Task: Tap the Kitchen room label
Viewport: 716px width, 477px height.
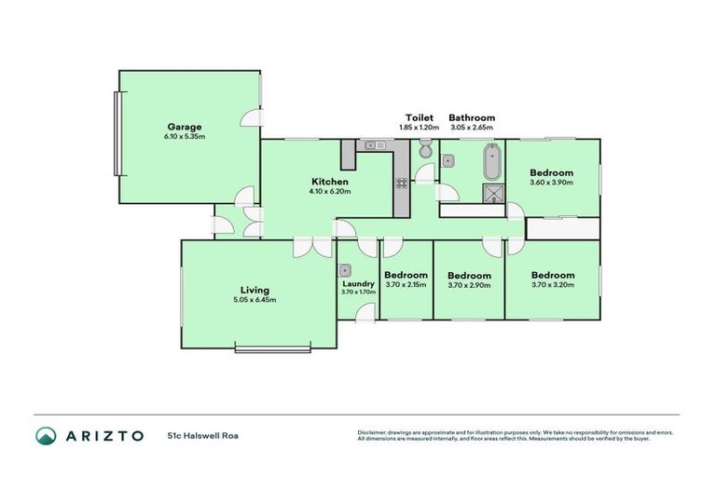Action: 330,182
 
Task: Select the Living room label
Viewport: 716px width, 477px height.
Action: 255,290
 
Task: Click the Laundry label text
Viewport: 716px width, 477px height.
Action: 358,283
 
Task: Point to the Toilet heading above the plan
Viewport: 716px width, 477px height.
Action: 420,117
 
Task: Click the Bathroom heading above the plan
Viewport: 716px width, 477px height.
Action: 473,117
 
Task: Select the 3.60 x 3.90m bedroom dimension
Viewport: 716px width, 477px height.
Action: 552,183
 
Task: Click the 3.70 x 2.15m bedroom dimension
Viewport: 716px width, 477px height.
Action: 406,285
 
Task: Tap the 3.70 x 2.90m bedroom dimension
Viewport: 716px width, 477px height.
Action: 469,285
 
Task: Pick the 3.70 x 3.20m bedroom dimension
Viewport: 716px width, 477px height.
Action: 553,285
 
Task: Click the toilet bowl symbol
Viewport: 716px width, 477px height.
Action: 425,150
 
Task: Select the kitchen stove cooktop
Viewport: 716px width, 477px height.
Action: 402,184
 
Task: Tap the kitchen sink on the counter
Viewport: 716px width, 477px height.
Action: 375,145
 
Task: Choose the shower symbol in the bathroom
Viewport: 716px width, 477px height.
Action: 491,193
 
